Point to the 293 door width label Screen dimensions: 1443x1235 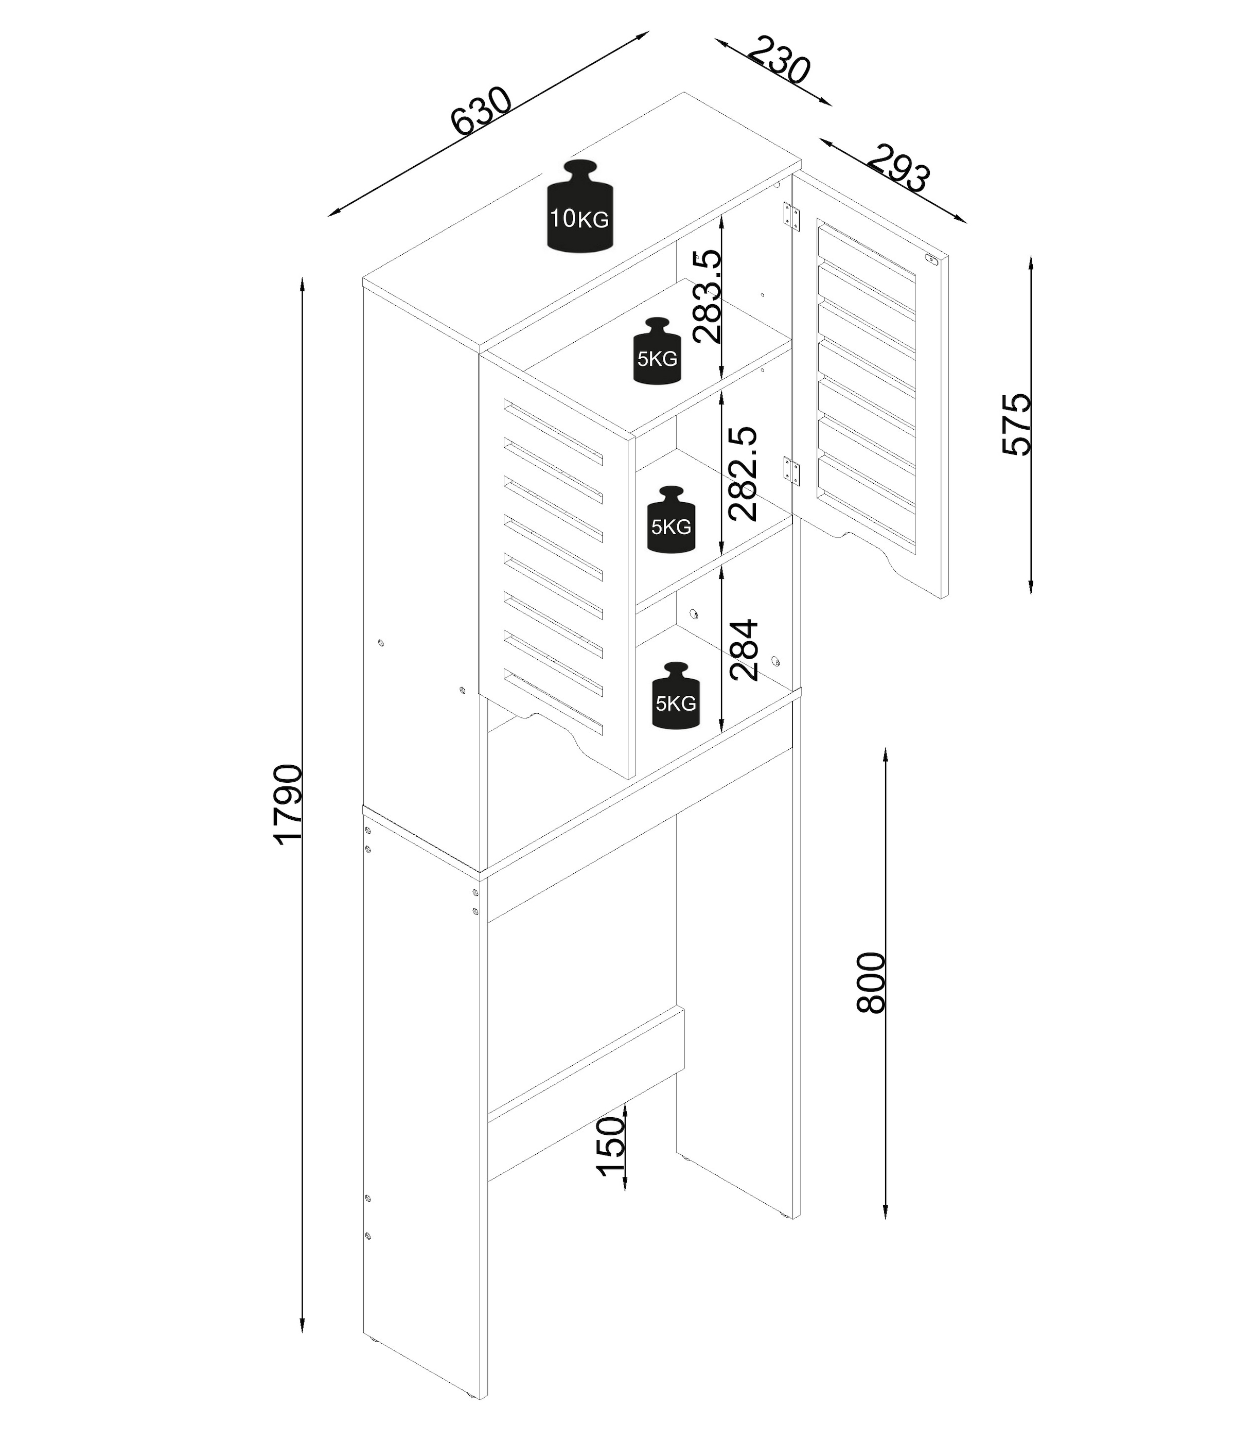898,168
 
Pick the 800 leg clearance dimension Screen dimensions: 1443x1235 870,982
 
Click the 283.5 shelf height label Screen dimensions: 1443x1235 708,296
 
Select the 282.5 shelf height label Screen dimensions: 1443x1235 742,473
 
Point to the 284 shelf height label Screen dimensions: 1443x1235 743,649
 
